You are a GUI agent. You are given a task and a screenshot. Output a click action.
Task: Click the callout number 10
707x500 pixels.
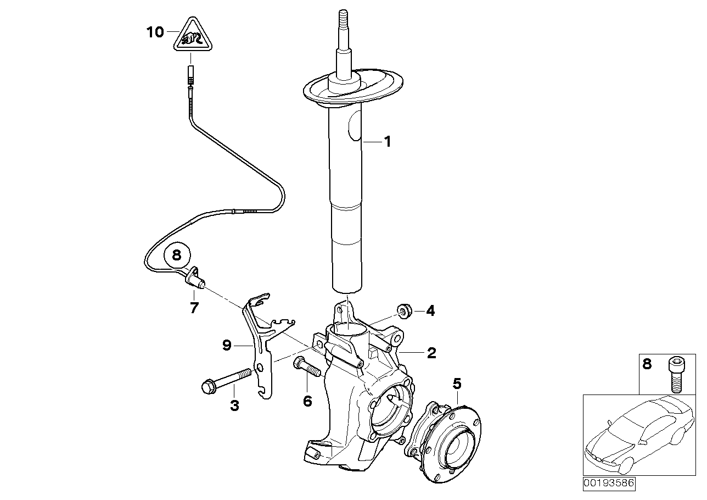click(x=155, y=32)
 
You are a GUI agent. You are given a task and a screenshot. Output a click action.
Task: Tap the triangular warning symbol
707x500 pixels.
click(x=190, y=37)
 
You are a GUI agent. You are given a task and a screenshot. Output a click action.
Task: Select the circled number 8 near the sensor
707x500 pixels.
click(x=176, y=255)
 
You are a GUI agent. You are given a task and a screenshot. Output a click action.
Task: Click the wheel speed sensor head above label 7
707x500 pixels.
click(x=197, y=278)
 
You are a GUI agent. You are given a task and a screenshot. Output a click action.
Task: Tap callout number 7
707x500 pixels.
click(x=194, y=308)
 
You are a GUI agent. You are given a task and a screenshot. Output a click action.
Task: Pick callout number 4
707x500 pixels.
click(x=430, y=312)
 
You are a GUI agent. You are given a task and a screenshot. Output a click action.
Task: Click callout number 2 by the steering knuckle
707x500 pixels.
click(x=431, y=353)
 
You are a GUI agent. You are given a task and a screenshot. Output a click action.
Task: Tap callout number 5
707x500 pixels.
click(x=457, y=383)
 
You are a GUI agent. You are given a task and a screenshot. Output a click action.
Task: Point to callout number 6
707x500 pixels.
click(x=307, y=402)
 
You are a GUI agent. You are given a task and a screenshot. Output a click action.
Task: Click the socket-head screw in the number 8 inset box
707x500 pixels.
click(x=675, y=374)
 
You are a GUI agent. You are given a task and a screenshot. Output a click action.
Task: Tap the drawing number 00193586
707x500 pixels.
click(x=608, y=484)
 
